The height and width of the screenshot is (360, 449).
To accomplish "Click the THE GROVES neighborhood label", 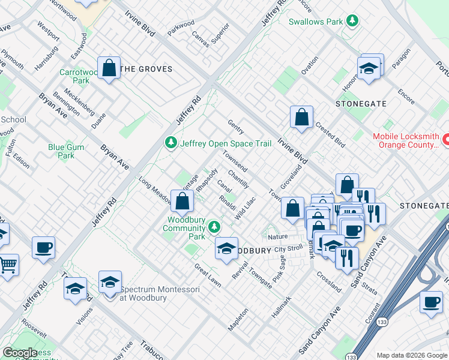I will click(x=146, y=69).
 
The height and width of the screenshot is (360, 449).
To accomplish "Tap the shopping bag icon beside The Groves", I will click(x=109, y=68).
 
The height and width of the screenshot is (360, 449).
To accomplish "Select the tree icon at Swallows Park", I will click(x=354, y=21).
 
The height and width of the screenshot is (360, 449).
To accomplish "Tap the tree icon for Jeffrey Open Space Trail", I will click(x=172, y=143).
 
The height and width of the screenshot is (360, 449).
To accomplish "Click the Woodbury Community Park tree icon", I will click(x=214, y=227).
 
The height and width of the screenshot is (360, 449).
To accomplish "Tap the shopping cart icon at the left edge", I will click(x=8, y=264).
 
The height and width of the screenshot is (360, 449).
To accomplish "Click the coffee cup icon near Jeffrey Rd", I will click(x=43, y=247).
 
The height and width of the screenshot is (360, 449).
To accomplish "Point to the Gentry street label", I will click(x=235, y=126).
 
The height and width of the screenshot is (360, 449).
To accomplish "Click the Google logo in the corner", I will click(x=20, y=353).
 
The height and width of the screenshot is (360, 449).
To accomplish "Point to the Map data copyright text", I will click(x=411, y=355).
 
